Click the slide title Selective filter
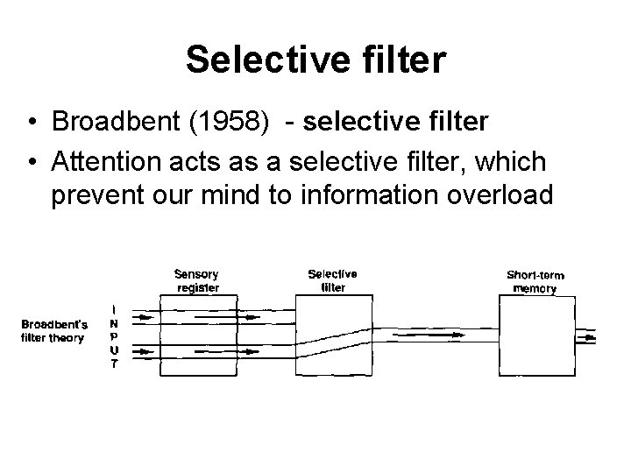[x=315, y=60]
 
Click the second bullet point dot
[x=31, y=162]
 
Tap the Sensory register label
[x=198, y=279]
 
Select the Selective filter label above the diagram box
[x=332, y=279]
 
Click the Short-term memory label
[x=535, y=281]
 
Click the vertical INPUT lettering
[x=113, y=337]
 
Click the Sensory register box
[x=198, y=335]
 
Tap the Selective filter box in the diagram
[x=332, y=335]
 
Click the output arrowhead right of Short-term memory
[x=592, y=335]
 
